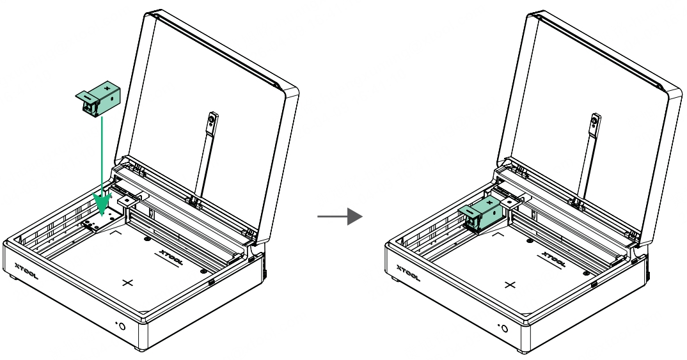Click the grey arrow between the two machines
coord(340,216)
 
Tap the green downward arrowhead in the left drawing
coord(102,203)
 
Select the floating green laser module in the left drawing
coord(98,98)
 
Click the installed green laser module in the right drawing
coord(480,214)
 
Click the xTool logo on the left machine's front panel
coord(26,271)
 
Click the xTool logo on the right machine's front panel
coord(408,273)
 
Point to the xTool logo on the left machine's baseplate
coord(171,258)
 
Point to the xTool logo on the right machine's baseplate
coord(553,260)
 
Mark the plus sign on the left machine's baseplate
coord(127,283)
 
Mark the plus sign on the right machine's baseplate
coord(510,285)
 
